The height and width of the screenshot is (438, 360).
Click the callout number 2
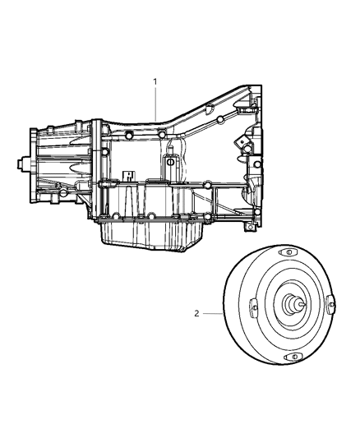point(196,313)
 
